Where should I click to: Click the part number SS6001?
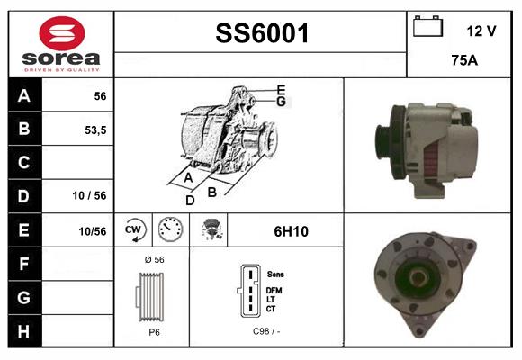click(x=262, y=34)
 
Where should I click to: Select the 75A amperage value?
click(x=463, y=62)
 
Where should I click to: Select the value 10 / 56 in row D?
click(x=89, y=195)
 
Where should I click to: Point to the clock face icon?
click(x=169, y=230)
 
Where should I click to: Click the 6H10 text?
click(x=291, y=231)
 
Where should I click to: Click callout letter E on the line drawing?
click(x=281, y=89)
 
